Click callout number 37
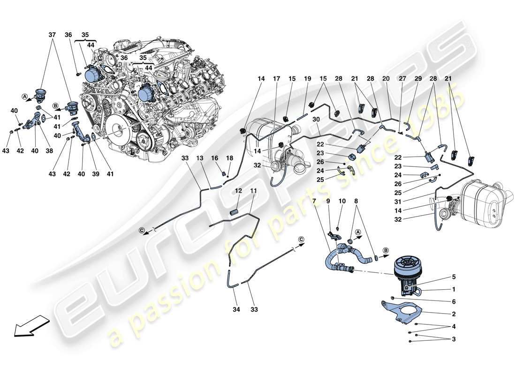coord(52,35)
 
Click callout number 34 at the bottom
coord(235,309)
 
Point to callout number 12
coord(238,191)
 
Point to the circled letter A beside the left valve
coord(24,97)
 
